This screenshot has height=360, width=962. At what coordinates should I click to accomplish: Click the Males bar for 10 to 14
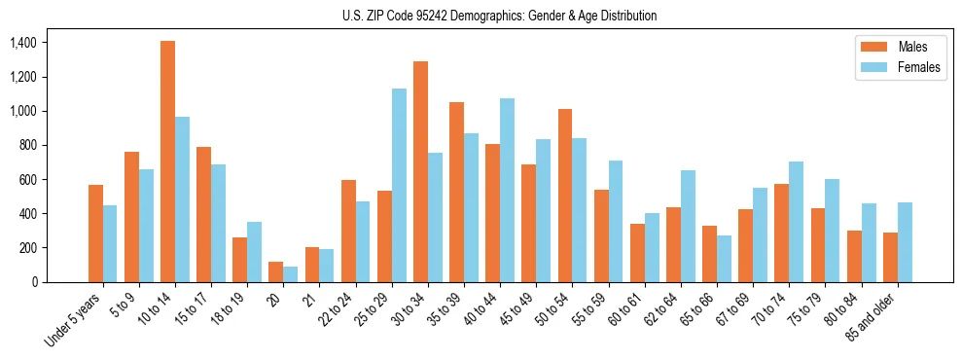(167, 162)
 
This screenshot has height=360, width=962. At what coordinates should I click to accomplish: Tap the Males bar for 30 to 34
(420, 171)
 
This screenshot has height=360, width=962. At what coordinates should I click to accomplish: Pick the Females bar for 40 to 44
(507, 190)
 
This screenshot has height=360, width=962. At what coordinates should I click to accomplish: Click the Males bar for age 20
(276, 271)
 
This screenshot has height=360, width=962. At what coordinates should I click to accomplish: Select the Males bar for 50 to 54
(565, 196)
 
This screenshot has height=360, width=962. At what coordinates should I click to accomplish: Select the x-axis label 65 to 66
(696, 308)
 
